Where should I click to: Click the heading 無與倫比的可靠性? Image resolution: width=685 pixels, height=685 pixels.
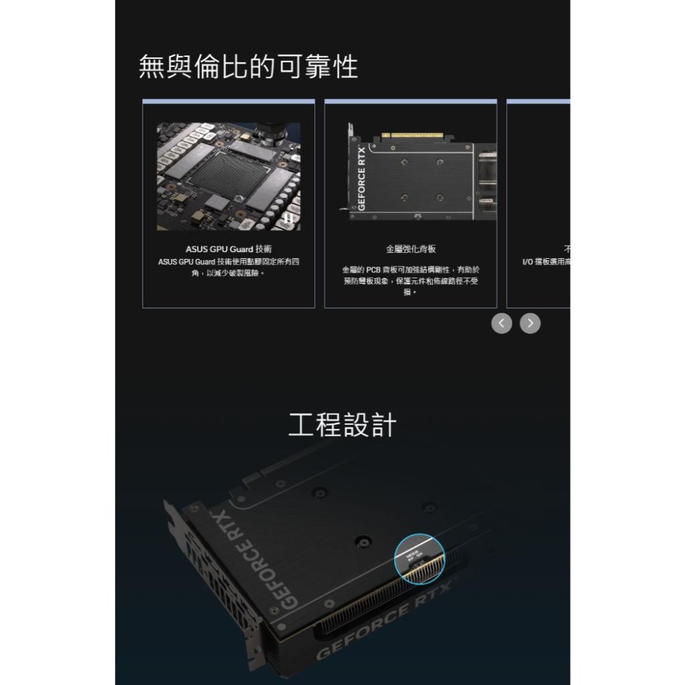pyautogui.click(x=248, y=67)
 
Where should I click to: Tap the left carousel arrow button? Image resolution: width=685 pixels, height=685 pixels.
pyautogui.click(x=501, y=323)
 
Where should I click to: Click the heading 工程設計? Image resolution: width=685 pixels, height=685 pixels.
pyautogui.click(x=342, y=425)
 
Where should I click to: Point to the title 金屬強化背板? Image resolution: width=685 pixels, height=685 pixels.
pyautogui.click(x=410, y=249)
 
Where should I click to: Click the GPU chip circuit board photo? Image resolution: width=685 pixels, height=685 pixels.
pyautogui.click(x=228, y=176)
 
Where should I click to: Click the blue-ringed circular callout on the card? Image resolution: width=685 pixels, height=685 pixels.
pyautogui.click(x=419, y=558)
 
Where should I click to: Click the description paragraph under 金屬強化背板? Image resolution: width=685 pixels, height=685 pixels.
pyautogui.click(x=410, y=280)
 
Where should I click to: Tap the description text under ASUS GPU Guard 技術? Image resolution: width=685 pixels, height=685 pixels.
pyautogui.click(x=228, y=267)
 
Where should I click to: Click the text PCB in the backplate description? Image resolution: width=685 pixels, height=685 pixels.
pyautogui.click(x=375, y=269)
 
